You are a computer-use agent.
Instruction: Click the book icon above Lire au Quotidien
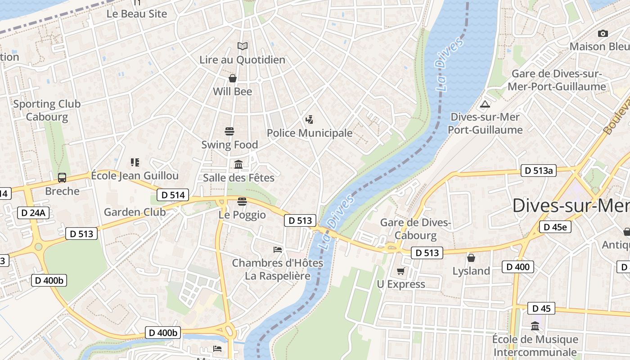[x=243, y=46]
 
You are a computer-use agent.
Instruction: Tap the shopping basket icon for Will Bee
[x=233, y=78]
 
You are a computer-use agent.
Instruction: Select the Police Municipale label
[x=310, y=133]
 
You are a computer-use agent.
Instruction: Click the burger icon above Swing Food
[x=229, y=131]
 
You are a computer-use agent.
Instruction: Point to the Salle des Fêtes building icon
[x=238, y=165]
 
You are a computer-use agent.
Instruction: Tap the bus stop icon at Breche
[x=62, y=178]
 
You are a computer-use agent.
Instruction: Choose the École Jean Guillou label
[x=135, y=175]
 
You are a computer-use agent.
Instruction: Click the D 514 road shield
[x=173, y=195]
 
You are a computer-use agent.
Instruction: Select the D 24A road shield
[x=33, y=213]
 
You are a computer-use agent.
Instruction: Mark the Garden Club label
[x=135, y=212]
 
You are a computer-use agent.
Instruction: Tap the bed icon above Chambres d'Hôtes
[x=278, y=249]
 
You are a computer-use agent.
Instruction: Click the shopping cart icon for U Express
[x=401, y=271]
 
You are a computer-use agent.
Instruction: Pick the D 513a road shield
[x=538, y=171]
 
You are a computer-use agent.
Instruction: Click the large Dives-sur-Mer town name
[x=571, y=206]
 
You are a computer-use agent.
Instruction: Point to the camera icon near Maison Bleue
[x=603, y=33]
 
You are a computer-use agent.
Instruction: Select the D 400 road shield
[x=518, y=267]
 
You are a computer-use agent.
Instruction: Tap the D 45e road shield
[x=555, y=227]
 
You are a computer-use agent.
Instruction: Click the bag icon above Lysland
[x=471, y=258]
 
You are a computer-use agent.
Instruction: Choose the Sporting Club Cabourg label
[x=47, y=110]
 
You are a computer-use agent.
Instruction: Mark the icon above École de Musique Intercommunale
[x=535, y=326]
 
